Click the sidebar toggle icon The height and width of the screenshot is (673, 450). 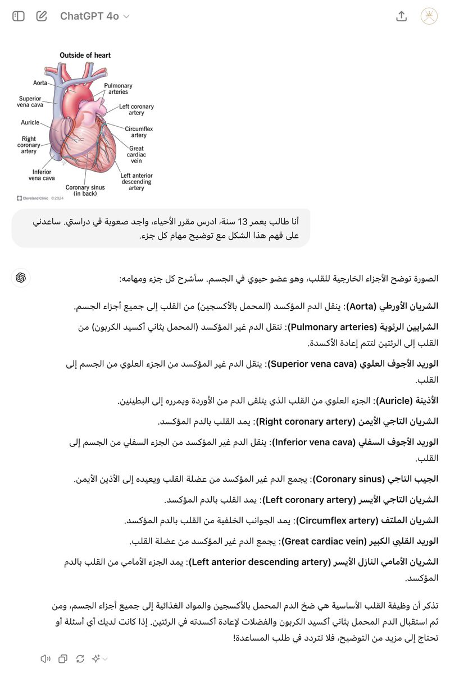(19, 16)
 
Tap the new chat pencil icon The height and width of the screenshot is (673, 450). (42, 16)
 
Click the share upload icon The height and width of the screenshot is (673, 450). (401, 16)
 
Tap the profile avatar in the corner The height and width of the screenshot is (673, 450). (430, 16)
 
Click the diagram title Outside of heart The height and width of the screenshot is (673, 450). (85, 55)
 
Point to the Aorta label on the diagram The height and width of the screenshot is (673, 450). (40, 83)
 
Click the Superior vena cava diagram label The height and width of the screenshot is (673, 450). (30, 102)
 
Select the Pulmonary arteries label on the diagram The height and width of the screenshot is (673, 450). (118, 89)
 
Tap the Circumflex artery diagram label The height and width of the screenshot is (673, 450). (139, 132)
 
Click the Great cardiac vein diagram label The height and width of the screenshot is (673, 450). (137, 155)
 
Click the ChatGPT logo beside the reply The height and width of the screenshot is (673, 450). (21, 278)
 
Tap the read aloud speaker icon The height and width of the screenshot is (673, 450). (46, 658)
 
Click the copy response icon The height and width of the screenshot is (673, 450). (63, 658)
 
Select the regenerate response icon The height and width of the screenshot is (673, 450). (80, 658)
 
